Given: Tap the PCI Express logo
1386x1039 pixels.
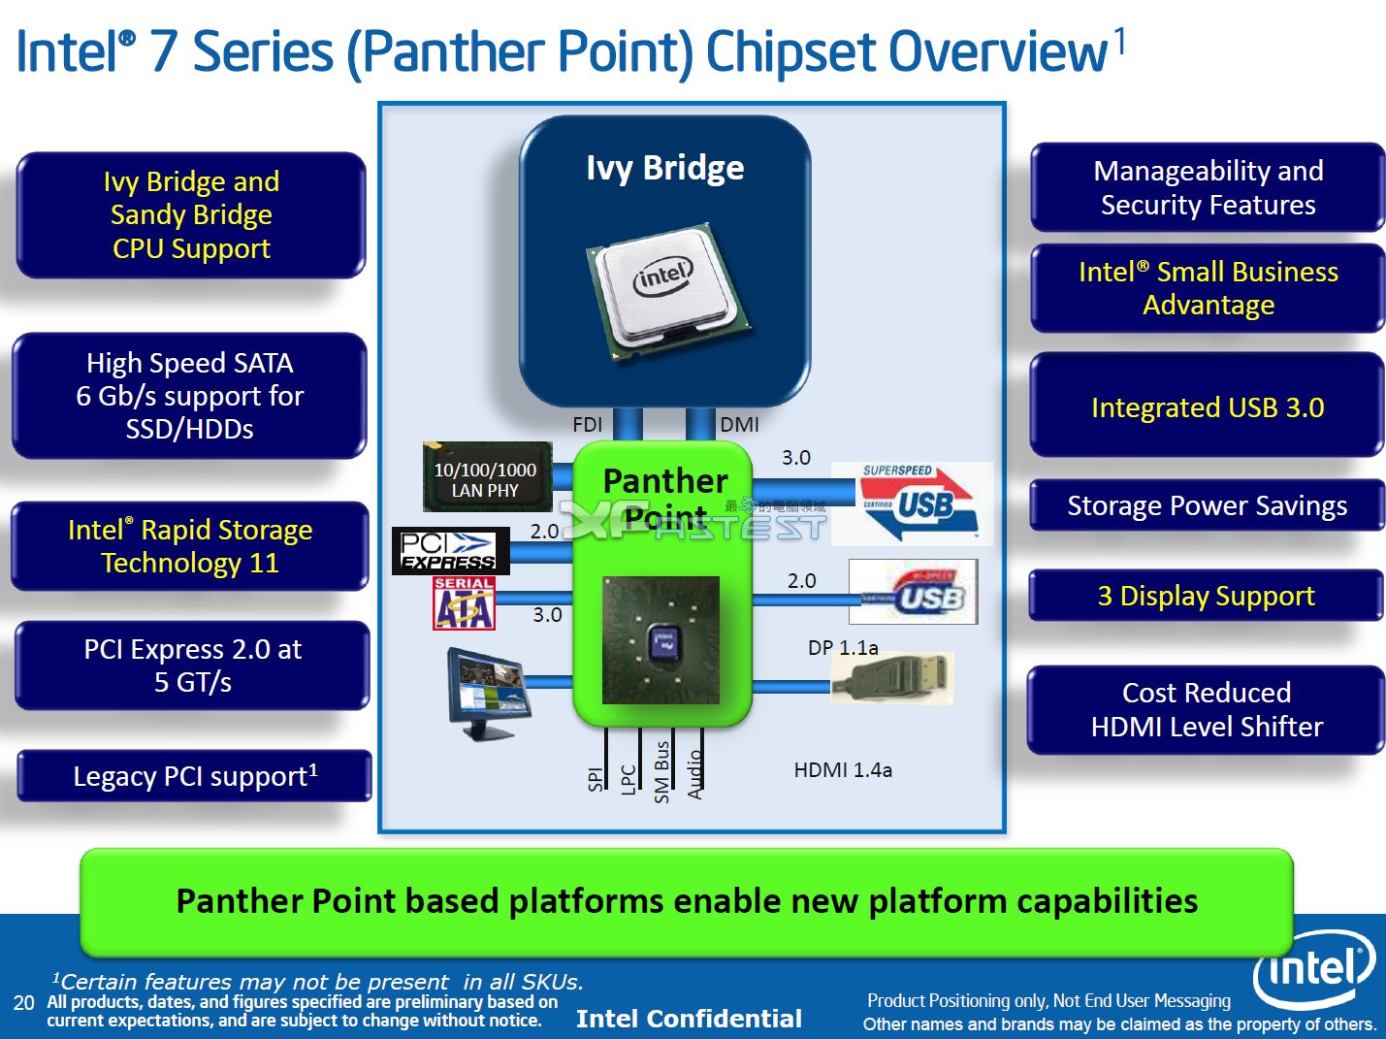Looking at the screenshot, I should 450,551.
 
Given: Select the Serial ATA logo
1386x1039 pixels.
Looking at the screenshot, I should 464,603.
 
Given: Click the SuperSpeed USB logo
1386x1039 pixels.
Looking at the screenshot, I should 913,503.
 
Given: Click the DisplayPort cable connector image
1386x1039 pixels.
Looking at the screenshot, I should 891,678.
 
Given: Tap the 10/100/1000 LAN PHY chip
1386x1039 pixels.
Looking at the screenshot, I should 487,477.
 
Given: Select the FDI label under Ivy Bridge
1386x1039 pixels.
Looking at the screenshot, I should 587,424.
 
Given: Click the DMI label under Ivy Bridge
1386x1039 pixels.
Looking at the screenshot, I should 739,424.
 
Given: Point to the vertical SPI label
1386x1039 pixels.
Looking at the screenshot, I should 596,778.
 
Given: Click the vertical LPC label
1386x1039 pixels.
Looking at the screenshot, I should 628,778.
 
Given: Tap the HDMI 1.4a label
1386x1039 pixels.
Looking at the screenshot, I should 843,769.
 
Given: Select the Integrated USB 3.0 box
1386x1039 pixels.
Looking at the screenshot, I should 1207,406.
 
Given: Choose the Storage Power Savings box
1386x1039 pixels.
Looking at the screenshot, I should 1207,505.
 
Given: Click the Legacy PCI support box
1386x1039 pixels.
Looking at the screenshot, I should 195,776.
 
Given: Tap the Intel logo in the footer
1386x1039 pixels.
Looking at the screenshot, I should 1313,969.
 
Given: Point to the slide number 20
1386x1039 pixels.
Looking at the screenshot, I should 24,1002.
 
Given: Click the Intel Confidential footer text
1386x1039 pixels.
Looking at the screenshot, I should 689,1018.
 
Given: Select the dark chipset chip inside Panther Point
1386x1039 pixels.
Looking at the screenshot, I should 661,640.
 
